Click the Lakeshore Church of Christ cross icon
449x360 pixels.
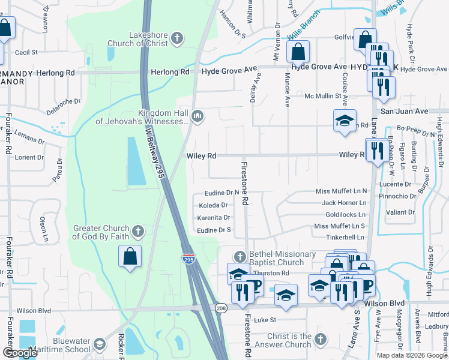(x=176, y=39)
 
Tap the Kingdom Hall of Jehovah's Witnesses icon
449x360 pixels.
(x=198, y=115)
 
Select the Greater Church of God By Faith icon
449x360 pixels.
(x=138, y=231)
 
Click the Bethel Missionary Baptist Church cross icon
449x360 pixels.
(x=240, y=257)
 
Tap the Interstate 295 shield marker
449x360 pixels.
(x=188, y=259)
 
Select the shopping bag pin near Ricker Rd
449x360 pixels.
(x=130, y=257)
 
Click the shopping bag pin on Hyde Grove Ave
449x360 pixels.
(x=298, y=52)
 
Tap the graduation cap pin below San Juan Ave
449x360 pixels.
(x=345, y=120)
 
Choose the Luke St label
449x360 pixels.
(x=264, y=320)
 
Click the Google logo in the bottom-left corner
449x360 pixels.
(x=19, y=353)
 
